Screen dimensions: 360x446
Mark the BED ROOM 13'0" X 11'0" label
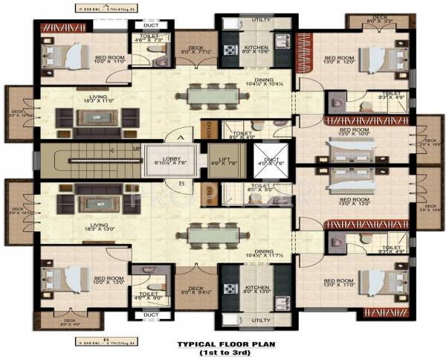coord(338,283)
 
